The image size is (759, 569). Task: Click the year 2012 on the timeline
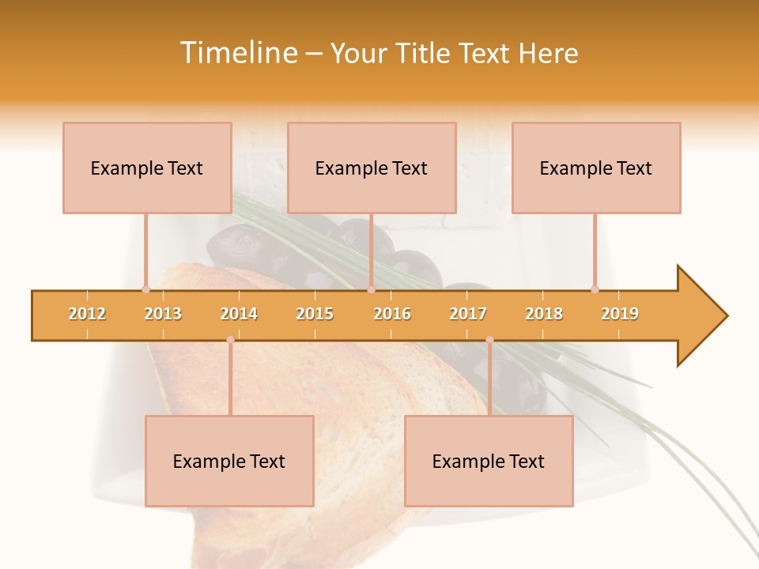click(87, 314)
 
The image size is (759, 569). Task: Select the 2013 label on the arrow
click(163, 314)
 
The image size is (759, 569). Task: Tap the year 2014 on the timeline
click(239, 314)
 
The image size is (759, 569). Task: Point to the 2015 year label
click(315, 314)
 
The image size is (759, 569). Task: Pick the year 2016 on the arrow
click(392, 314)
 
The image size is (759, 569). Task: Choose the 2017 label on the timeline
click(468, 314)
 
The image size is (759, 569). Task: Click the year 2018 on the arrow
click(544, 314)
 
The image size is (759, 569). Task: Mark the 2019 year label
click(620, 314)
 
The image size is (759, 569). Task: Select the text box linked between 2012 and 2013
click(147, 168)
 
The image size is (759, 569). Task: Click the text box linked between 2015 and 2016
click(372, 168)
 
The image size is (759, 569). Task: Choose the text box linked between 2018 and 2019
click(596, 168)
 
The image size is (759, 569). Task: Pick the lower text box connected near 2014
click(229, 461)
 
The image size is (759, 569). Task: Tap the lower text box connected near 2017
click(489, 461)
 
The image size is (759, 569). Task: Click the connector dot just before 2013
click(145, 289)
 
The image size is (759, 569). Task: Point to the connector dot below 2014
click(230, 340)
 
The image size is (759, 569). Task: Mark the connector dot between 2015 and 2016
click(371, 289)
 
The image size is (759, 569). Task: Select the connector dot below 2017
click(489, 340)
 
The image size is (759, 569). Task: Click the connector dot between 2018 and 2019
click(595, 289)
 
